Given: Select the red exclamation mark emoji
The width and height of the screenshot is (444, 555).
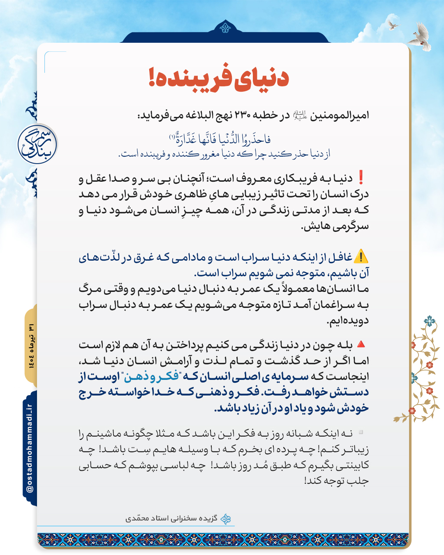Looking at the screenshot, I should click(x=361, y=178).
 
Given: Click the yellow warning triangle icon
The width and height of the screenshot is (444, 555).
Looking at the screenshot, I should click(x=361, y=257).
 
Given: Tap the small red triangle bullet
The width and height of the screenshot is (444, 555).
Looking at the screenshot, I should click(x=361, y=344).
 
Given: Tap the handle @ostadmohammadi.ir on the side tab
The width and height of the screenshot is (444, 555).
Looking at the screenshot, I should click(x=30, y=448).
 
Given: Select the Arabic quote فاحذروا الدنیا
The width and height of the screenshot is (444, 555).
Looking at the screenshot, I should click(x=222, y=139).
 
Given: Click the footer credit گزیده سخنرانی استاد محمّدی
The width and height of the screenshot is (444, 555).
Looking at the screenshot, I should click(x=172, y=518).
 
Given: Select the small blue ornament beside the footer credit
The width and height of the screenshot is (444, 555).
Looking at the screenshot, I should click(x=226, y=519).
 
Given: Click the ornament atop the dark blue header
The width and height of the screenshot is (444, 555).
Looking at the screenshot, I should click(x=225, y=28).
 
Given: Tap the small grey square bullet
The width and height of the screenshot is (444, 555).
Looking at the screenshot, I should click(x=361, y=432).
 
